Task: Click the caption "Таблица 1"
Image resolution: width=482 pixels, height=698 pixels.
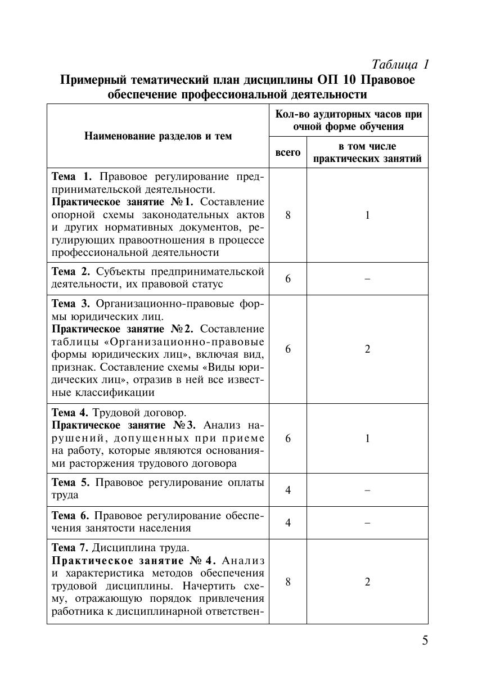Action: point(400,65)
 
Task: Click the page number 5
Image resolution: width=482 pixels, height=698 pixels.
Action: point(425,640)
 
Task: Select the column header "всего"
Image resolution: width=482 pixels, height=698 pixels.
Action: point(287,152)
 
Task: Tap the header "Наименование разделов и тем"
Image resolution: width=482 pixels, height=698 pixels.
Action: point(158,136)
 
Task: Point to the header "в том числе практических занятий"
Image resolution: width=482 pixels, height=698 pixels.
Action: point(367,152)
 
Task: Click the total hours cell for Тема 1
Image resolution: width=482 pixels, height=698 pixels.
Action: point(288,215)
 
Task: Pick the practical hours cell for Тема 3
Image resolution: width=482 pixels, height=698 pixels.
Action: point(367,349)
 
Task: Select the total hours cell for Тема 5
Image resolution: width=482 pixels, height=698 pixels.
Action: point(288,490)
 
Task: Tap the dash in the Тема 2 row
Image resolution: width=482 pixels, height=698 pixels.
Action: point(367,278)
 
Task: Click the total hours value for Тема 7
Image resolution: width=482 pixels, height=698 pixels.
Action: point(288,582)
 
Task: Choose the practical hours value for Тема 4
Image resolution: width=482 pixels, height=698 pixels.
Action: point(367,438)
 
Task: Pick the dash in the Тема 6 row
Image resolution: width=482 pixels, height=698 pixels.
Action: point(367,523)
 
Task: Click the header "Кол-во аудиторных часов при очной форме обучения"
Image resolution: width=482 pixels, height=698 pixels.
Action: point(348,120)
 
